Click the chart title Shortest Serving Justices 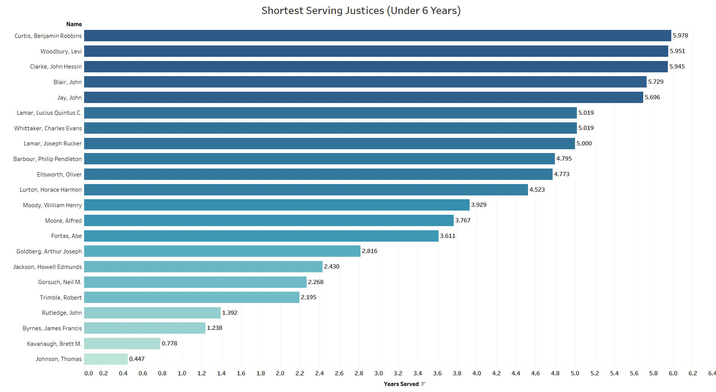coord(361,11)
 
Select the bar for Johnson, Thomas coord(106,359)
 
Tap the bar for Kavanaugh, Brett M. coord(122,344)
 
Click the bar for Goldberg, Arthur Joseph coord(222,251)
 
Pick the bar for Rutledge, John coord(152,313)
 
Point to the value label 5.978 coord(680,36)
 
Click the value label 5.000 coord(584,144)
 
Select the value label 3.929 coord(479,205)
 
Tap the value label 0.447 coord(137,359)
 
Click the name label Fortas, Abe coord(66,236)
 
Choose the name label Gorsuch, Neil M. coord(60,282)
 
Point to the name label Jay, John coord(69,98)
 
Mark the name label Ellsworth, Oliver coord(59,175)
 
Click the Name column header coord(74,24)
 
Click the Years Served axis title coord(401,384)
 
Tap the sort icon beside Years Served coord(423,384)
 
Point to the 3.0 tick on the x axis coord(378,373)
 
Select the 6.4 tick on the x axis coord(712,373)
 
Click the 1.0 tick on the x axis coord(182,373)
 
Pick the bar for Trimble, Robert coord(191,297)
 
